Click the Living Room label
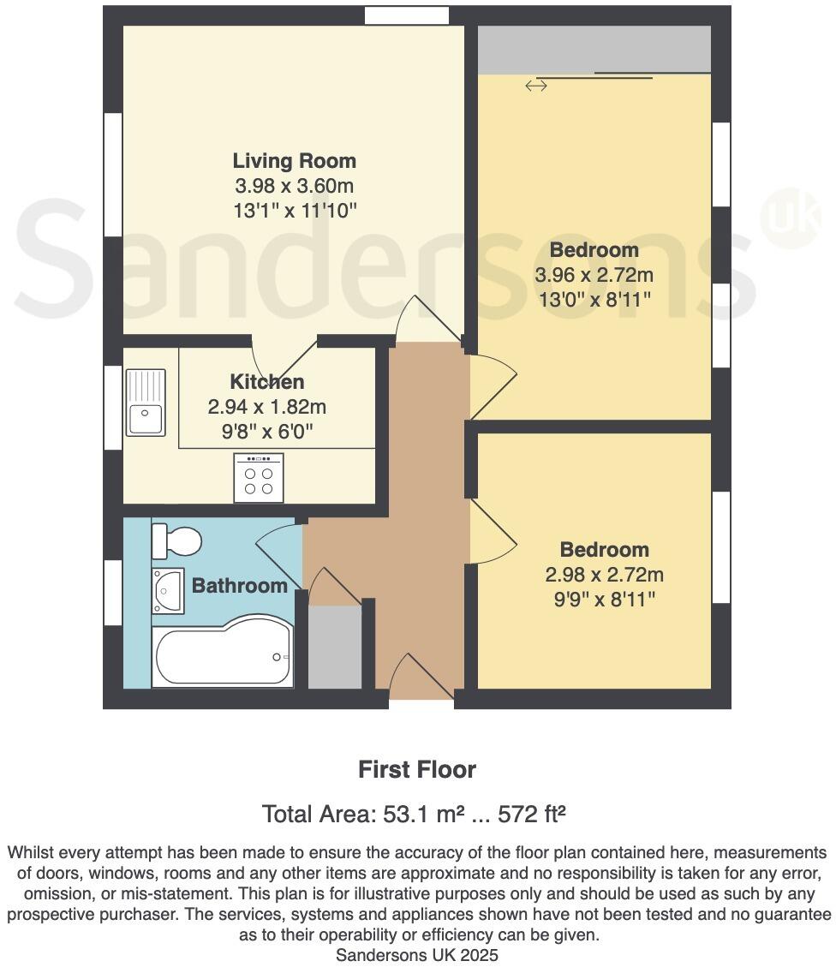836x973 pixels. click(x=294, y=161)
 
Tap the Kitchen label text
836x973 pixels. click(x=266, y=382)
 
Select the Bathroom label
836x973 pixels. click(x=239, y=586)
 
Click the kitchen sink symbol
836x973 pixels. click(x=146, y=402)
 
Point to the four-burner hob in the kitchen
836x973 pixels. click(x=259, y=479)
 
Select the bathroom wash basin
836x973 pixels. click(x=168, y=590)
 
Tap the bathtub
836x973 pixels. click(x=222, y=655)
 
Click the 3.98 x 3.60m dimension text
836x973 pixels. click(x=294, y=186)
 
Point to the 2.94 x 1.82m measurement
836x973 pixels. click(x=266, y=408)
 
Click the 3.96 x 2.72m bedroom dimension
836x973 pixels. click(x=594, y=275)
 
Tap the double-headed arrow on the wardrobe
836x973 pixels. click(x=536, y=85)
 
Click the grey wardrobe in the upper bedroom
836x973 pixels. click(x=594, y=50)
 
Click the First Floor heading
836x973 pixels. click(x=417, y=769)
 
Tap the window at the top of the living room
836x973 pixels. click(x=406, y=15)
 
